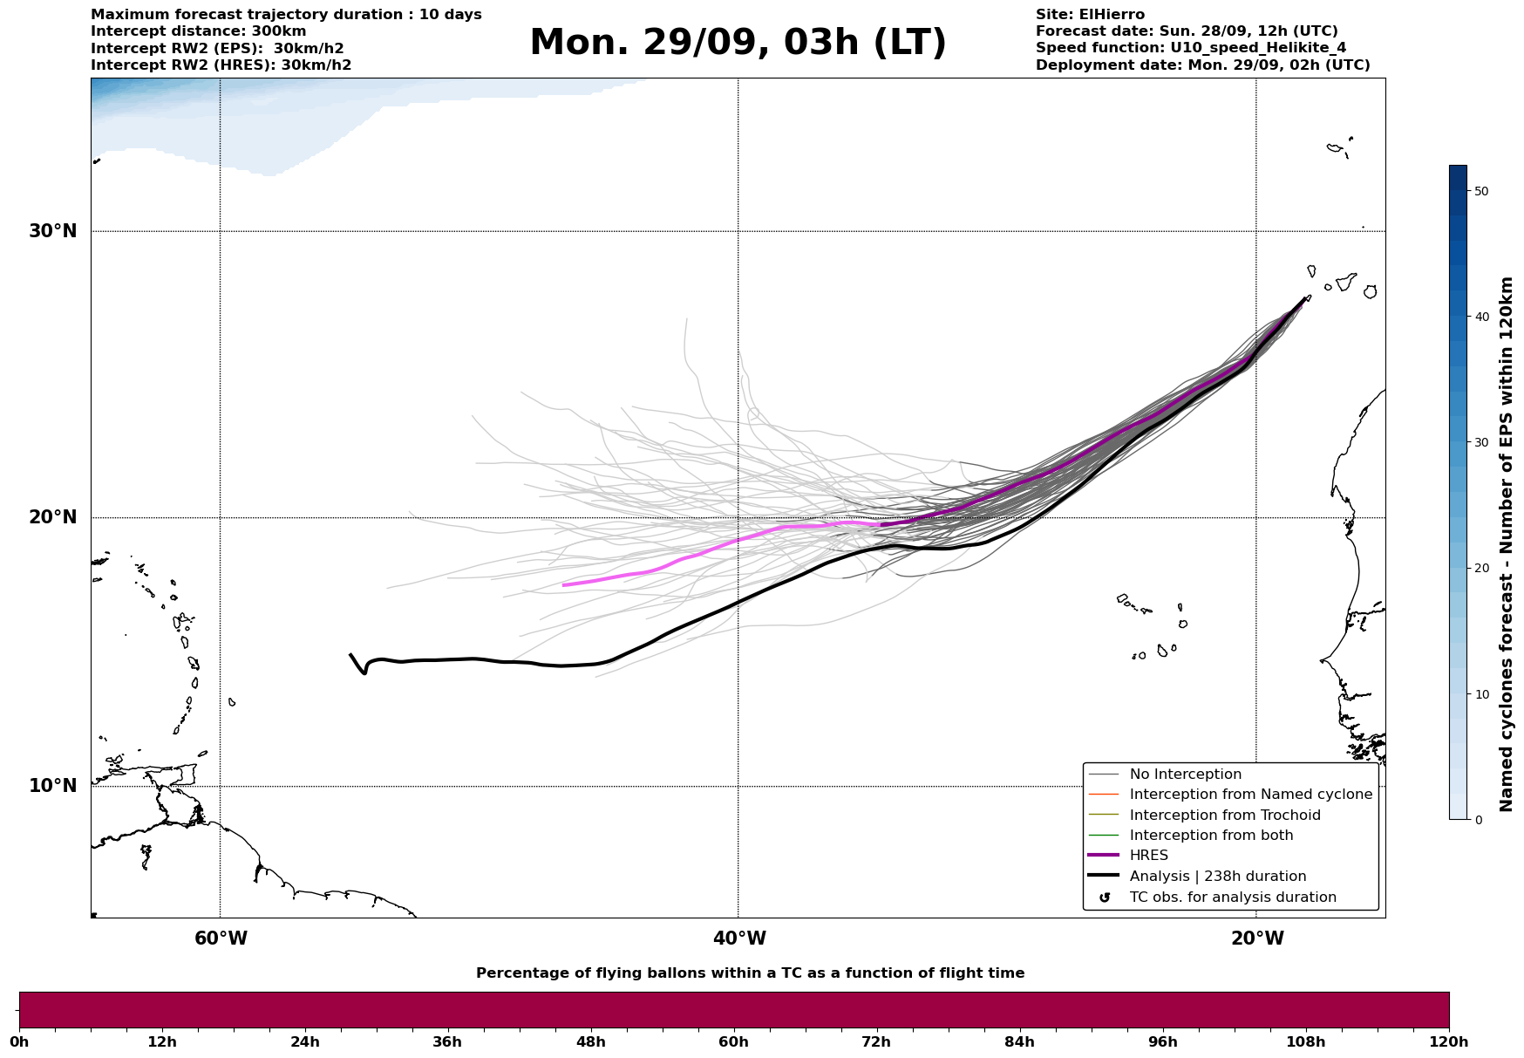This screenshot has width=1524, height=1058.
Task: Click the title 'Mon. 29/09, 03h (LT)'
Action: (738, 43)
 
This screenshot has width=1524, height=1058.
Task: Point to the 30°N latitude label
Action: (52, 231)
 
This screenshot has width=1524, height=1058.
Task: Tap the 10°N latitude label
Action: (52, 786)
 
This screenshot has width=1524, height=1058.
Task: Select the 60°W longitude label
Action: (221, 939)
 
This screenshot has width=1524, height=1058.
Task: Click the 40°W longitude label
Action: (739, 939)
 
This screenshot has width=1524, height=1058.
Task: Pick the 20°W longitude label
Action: (1257, 939)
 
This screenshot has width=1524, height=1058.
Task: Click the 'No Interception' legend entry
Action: (1185, 775)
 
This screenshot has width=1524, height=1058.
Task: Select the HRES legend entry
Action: (1148, 856)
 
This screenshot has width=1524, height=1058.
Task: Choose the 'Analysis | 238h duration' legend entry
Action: (1217, 877)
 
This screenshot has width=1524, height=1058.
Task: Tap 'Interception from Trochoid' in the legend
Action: (1224, 816)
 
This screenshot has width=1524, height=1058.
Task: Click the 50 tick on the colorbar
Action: (1480, 191)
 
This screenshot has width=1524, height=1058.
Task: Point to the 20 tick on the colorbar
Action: (1480, 569)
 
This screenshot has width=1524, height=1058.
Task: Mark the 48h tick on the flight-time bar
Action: (591, 1042)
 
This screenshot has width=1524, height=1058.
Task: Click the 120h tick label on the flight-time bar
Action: (1449, 1042)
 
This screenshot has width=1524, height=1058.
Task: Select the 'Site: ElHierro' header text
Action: (1090, 15)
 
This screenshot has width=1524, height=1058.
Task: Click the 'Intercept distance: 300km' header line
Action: (199, 31)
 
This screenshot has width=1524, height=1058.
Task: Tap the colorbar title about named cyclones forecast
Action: (1507, 544)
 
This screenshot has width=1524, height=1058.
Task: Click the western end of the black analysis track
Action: (350, 655)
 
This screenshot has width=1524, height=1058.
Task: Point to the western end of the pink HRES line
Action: (564, 585)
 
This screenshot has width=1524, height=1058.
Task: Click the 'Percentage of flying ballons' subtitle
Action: (750, 973)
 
